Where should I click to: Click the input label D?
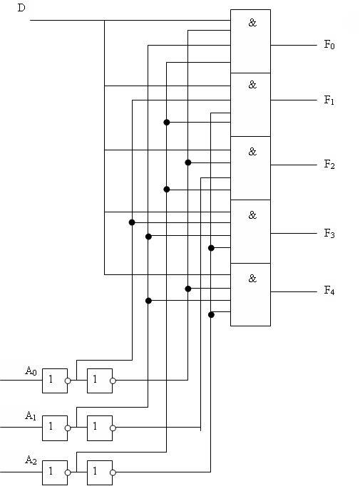(x=21, y=8)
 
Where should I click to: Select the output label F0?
(x=329, y=45)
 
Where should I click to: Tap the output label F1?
(x=329, y=100)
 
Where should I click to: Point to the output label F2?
(x=329, y=165)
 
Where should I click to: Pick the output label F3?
(x=329, y=233)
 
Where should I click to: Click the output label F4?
(x=329, y=291)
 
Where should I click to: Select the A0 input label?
(x=31, y=371)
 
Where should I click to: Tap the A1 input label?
(x=31, y=415)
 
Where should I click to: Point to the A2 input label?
(x=31, y=460)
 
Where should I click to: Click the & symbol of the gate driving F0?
(x=253, y=23)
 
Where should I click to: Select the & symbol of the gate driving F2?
(x=253, y=152)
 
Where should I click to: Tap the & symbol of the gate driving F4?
(x=253, y=279)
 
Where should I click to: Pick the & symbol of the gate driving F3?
(x=253, y=215)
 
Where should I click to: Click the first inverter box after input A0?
(x=55, y=381)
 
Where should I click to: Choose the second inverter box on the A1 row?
(x=100, y=428)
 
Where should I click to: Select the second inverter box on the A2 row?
(x=100, y=472)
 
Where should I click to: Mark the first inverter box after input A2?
(x=55, y=472)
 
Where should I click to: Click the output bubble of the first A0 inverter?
(x=68, y=381)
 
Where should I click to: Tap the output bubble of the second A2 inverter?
(x=113, y=472)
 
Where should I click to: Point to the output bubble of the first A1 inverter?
(x=68, y=428)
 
